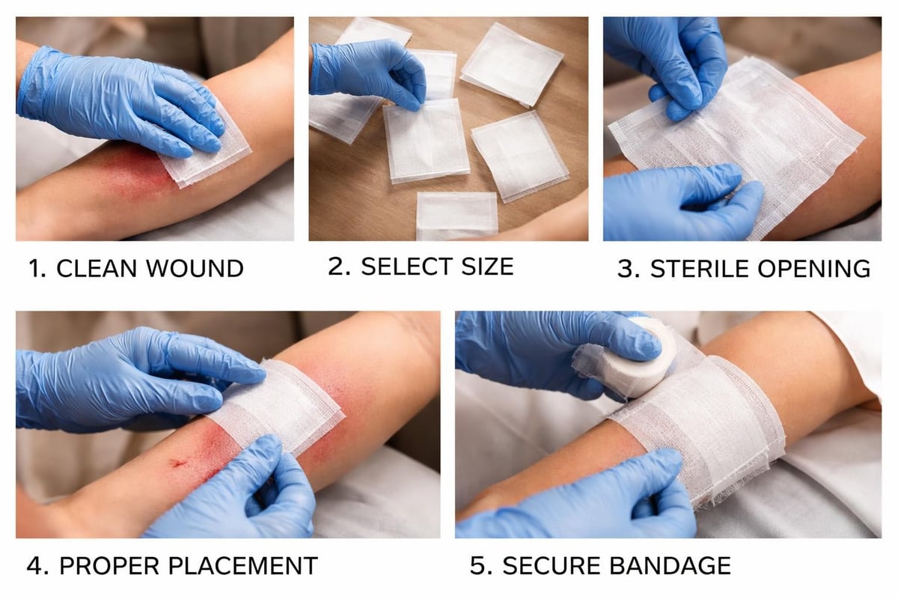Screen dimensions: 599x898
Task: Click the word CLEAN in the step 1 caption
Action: [100, 268]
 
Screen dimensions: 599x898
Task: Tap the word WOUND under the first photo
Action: [197, 268]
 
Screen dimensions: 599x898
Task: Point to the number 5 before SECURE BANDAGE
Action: [477, 565]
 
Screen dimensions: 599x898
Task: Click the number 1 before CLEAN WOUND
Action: [34, 268]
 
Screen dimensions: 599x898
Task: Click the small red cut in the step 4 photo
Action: [178, 464]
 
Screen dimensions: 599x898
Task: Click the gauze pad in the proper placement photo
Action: [284, 408]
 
